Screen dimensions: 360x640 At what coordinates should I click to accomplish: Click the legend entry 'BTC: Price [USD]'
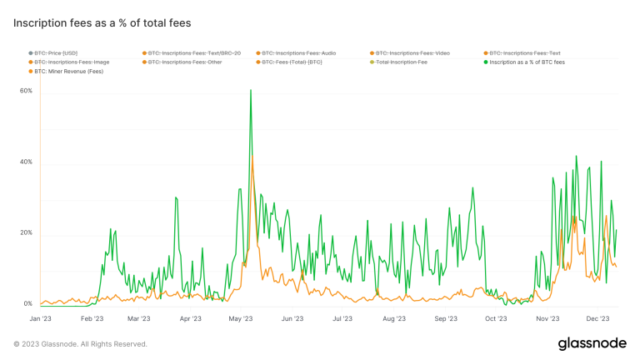tap(56, 53)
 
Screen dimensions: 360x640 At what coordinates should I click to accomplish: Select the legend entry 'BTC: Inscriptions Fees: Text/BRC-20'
tap(194, 53)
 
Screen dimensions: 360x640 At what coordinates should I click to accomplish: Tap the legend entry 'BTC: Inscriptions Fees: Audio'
tap(299, 53)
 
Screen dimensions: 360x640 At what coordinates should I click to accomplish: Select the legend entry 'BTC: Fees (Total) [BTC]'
tap(292, 62)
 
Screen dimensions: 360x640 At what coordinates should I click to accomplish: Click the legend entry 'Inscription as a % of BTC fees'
tap(526, 62)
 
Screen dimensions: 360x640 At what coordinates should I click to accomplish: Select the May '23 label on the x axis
tap(241, 318)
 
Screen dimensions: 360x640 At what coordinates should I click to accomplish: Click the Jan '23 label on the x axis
tap(41, 318)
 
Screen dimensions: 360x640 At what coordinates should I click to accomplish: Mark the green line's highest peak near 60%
tap(251, 90)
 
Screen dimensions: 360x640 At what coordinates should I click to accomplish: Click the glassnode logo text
tap(587, 344)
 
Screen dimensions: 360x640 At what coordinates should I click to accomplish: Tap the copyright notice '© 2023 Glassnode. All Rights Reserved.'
tap(81, 344)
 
